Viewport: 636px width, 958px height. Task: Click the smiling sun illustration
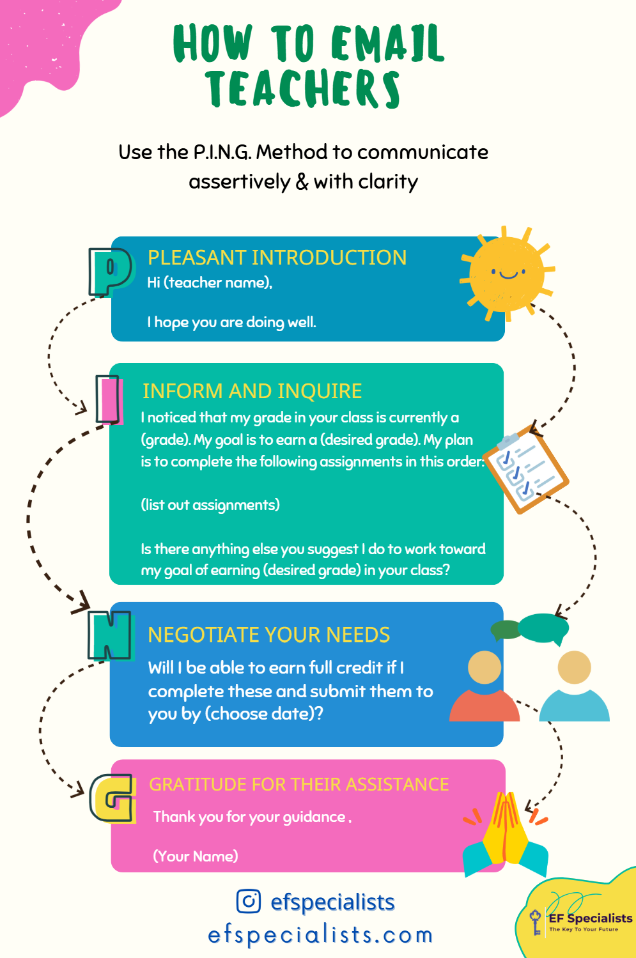[508, 273]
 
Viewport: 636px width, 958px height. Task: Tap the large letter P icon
[110, 272]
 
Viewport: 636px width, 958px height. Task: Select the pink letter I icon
[110, 400]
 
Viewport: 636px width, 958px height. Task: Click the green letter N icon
[110, 635]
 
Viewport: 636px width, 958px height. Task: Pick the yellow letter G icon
[113, 798]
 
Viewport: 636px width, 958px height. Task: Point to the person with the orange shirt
[485, 687]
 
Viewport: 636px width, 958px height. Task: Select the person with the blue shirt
[574, 687]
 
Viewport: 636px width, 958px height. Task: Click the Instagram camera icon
[249, 901]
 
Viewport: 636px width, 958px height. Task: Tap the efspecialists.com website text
[320, 935]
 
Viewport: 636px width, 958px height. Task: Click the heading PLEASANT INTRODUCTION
[277, 258]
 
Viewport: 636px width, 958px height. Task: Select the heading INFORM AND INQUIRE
[252, 391]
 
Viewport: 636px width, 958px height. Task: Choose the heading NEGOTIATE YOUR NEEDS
[268, 635]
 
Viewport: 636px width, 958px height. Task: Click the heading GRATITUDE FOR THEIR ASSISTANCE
[299, 784]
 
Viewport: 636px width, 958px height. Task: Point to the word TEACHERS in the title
[303, 89]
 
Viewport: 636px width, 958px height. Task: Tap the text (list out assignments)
[210, 505]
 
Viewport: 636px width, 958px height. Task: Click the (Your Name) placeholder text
[196, 856]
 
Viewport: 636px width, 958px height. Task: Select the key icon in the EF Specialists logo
[536, 922]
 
